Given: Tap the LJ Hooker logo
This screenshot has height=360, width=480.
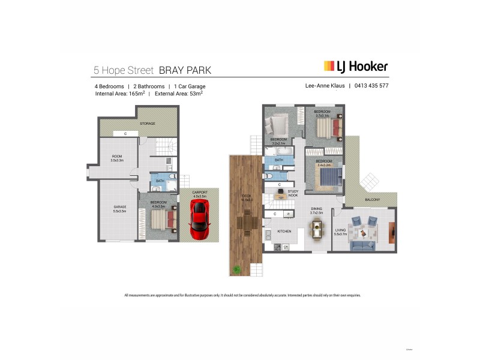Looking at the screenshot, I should pyautogui.click(x=356, y=67).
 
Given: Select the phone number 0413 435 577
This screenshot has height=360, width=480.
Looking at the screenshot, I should pyautogui.click(x=372, y=86).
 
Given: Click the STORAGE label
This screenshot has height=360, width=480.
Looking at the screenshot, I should pyautogui.click(x=148, y=124).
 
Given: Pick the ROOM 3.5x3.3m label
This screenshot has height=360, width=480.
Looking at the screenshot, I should pyautogui.click(x=116, y=158).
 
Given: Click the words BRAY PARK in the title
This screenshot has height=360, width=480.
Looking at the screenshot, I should pyautogui.click(x=185, y=70).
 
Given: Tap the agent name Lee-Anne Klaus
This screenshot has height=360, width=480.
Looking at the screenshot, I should pyautogui.click(x=326, y=86).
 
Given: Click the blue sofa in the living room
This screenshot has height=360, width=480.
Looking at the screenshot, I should pyautogui.click(x=363, y=245).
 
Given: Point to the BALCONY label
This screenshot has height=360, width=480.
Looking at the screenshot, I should pyautogui.click(x=371, y=199).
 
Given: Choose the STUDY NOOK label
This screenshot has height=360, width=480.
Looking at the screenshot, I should pyautogui.click(x=293, y=193).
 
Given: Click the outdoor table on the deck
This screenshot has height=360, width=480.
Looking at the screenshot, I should pyautogui.click(x=246, y=223).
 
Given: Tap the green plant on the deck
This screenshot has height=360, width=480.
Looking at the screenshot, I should pyautogui.click(x=238, y=269).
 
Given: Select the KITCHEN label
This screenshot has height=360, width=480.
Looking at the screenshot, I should pyautogui.click(x=284, y=230).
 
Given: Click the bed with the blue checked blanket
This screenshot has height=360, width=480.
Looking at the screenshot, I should pyautogui.click(x=328, y=175).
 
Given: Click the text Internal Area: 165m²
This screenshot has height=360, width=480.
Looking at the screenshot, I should pyautogui.click(x=119, y=94).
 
